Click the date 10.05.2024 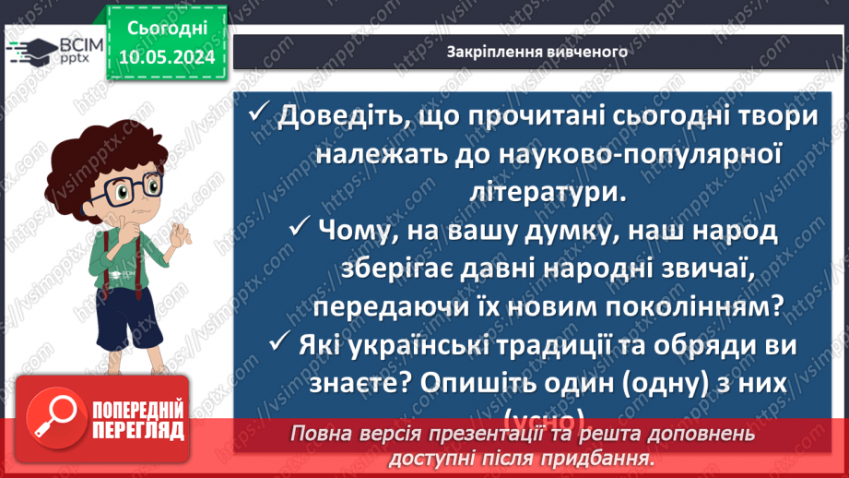click(167, 57)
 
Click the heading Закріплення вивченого click(537, 52)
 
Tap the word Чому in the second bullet click(355, 229)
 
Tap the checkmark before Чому click(300, 227)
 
